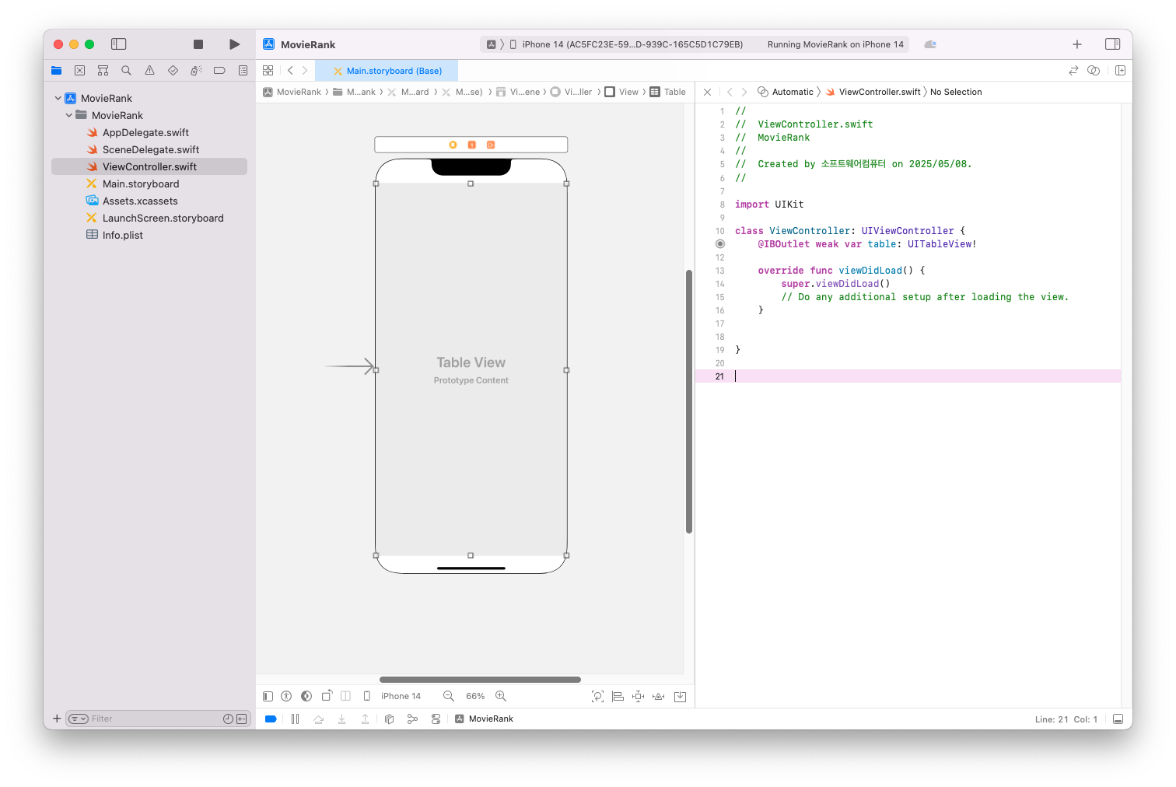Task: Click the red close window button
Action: [x=58, y=44]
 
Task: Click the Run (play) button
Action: [x=234, y=44]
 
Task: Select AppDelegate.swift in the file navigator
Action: [x=145, y=133]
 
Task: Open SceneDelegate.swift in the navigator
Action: [x=151, y=150]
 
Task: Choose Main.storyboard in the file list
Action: [x=141, y=184]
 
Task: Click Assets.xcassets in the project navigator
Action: [x=140, y=201]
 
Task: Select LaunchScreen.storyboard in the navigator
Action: [x=163, y=219]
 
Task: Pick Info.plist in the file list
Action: [x=123, y=236]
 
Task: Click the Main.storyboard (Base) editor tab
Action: [x=394, y=71]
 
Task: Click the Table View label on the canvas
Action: [x=471, y=362]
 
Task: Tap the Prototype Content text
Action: [x=471, y=380]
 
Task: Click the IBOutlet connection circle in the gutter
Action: [x=720, y=244]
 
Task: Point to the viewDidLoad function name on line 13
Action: [x=870, y=271]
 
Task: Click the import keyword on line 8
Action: [x=751, y=205]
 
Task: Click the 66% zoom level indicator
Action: [x=475, y=697]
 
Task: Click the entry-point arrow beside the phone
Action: [x=349, y=366]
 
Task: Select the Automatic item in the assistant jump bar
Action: [x=792, y=92]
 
